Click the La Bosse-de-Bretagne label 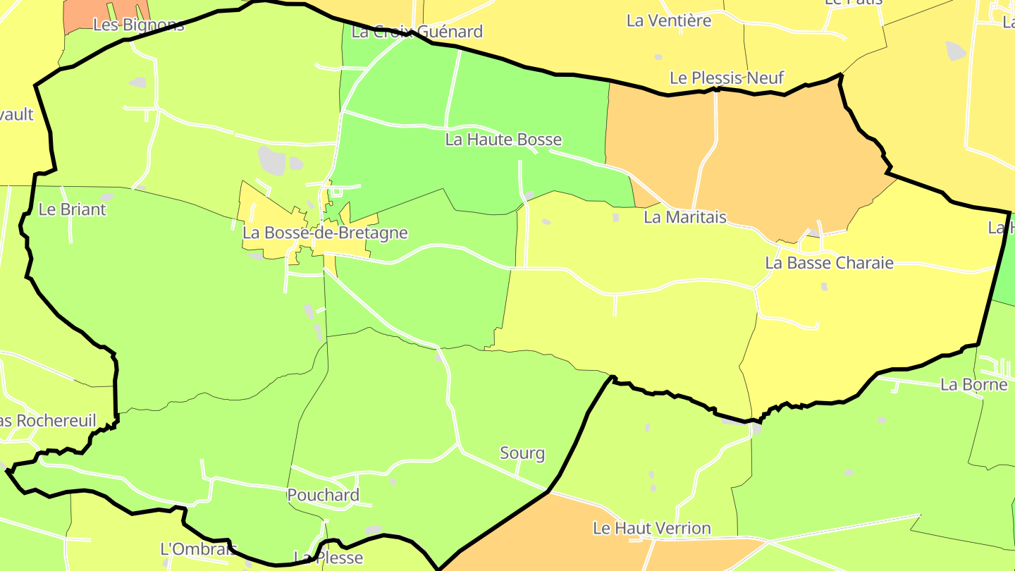point(325,233)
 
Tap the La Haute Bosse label point(503,140)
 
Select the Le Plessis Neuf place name point(727,78)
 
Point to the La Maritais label point(685,217)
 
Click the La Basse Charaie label point(829,264)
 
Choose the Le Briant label point(72,209)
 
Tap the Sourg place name point(522,453)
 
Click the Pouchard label point(323,495)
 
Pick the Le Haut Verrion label point(651,528)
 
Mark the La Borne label point(974,385)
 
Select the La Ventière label point(669,21)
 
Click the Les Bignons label point(138,25)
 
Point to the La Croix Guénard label point(417,32)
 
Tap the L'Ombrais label point(199,548)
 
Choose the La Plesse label point(328,558)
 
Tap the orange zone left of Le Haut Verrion point(522,536)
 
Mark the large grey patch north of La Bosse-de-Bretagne point(272,161)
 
